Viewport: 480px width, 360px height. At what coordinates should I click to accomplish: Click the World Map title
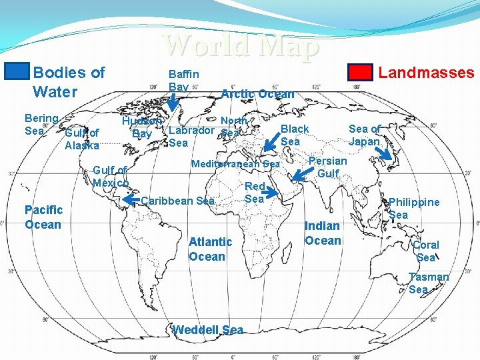pyautogui.click(x=241, y=45)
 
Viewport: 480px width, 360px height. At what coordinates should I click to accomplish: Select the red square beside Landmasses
pyautogui.click(x=361, y=72)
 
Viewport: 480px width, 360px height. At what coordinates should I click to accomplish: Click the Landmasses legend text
pyautogui.click(x=426, y=73)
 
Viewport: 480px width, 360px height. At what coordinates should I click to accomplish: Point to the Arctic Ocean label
pyautogui.click(x=257, y=94)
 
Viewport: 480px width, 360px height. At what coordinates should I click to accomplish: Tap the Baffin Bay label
pyautogui.click(x=183, y=81)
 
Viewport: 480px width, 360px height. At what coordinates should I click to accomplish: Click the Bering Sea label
pyautogui.click(x=41, y=124)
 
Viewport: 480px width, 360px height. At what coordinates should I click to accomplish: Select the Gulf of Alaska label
pyautogui.click(x=82, y=139)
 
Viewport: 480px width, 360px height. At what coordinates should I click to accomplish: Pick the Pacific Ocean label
pyautogui.click(x=43, y=217)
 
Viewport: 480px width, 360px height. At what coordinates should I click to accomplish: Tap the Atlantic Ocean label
pyautogui.click(x=210, y=249)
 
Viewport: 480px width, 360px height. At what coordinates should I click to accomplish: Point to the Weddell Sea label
pyautogui.click(x=207, y=330)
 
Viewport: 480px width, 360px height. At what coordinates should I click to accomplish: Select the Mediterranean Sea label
pyautogui.click(x=235, y=164)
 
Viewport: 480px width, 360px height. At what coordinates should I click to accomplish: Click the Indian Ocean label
pyautogui.click(x=323, y=233)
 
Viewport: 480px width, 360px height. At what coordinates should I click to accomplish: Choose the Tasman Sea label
pyautogui.click(x=428, y=283)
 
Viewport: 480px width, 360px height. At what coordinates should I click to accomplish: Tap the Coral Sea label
pyautogui.click(x=425, y=251)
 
